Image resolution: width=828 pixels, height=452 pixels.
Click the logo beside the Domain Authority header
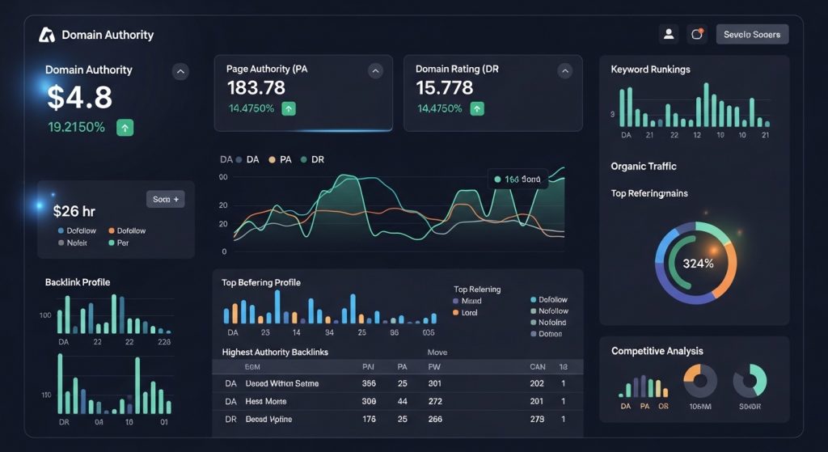point(46,35)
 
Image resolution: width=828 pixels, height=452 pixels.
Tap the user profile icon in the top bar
point(669,34)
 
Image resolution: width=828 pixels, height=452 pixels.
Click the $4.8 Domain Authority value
point(79,97)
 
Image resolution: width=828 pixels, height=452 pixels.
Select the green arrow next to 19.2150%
point(125,127)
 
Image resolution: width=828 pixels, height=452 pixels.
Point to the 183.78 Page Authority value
point(256,87)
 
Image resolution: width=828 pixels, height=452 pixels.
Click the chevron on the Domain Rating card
point(564,71)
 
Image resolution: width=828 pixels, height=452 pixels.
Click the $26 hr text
point(74,211)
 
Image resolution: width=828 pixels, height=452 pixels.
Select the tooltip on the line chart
point(517,180)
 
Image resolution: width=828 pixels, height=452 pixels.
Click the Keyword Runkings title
point(650,70)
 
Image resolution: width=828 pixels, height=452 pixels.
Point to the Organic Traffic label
point(644,166)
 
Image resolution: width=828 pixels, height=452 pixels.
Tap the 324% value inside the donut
point(697,263)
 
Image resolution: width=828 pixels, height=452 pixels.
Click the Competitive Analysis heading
point(657,351)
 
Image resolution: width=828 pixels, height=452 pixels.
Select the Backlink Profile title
point(78,282)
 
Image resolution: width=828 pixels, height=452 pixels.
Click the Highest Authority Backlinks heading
point(275,353)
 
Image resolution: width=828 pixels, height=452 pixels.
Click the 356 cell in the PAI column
point(369,383)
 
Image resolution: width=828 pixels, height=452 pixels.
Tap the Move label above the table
point(437,353)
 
